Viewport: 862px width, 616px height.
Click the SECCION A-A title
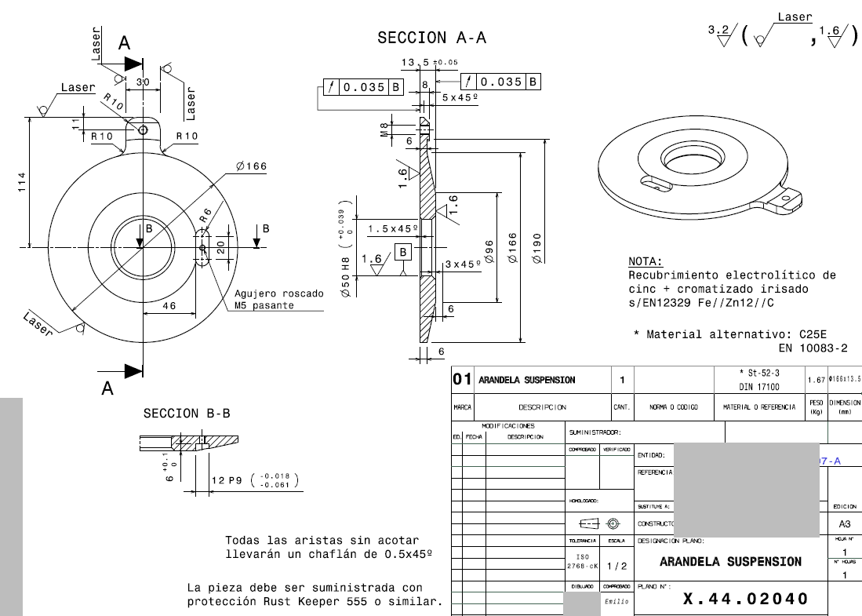(x=431, y=38)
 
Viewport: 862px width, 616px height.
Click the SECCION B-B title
(x=187, y=413)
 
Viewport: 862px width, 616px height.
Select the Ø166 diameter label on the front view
(x=252, y=166)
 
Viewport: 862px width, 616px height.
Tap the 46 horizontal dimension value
(x=169, y=306)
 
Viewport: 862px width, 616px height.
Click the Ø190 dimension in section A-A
(x=536, y=248)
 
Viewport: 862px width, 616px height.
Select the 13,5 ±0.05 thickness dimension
(x=430, y=63)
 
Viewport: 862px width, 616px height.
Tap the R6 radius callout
(x=205, y=217)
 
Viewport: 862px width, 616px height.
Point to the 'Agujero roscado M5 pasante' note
(x=278, y=299)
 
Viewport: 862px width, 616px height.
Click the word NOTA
(x=646, y=261)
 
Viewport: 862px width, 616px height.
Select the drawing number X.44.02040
(x=745, y=600)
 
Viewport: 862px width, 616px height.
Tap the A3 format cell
(x=845, y=523)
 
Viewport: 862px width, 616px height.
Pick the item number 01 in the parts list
(x=461, y=380)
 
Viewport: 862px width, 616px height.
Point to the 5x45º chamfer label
(x=460, y=97)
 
